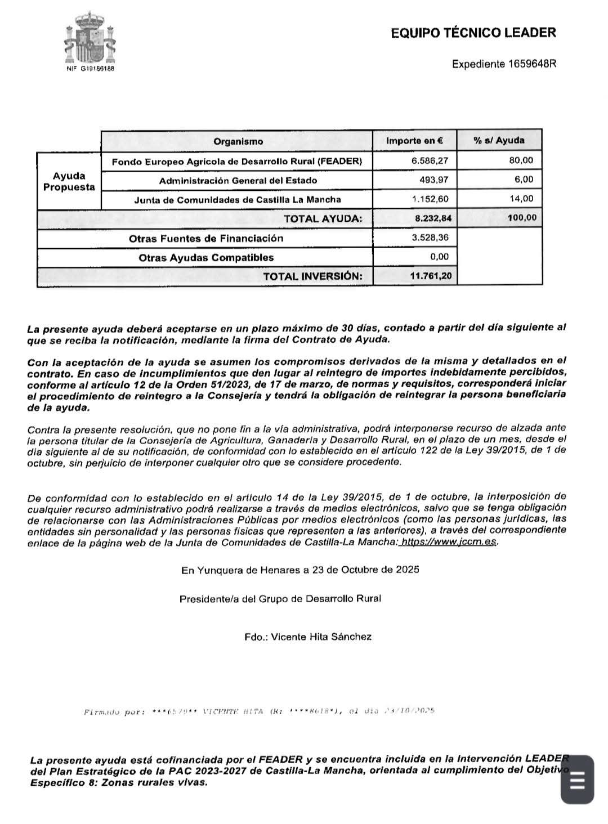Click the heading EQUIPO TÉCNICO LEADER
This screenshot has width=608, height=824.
pyautogui.click(x=473, y=33)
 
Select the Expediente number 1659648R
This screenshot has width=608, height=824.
pyautogui.click(x=532, y=64)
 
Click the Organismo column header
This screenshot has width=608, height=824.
pyautogui.click(x=238, y=141)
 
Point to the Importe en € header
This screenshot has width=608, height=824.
pyautogui.click(x=414, y=141)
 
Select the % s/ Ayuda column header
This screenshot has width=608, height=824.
pyautogui.click(x=499, y=141)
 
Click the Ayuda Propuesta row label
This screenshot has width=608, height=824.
pyautogui.click(x=69, y=181)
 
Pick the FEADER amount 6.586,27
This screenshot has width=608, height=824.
pyautogui.click(x=430, y=161)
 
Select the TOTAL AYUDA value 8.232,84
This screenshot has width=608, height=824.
pyautogui.click(x=433, y=218)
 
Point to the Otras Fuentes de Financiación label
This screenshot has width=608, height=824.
pyautogui.click(x=206, y=238)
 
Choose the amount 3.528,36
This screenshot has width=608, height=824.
pyautogui.click(x=431, y=238)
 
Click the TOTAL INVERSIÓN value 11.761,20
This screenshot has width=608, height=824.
pyautogui.click(x=431, y=276)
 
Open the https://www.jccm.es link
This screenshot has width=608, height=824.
pyautogui.click(x=449, y=542)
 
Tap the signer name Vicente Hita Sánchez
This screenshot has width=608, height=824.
pyautogui.click(x=321, y=637)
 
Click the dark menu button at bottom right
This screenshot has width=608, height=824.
pyautogui.click(x=577, y=780)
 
